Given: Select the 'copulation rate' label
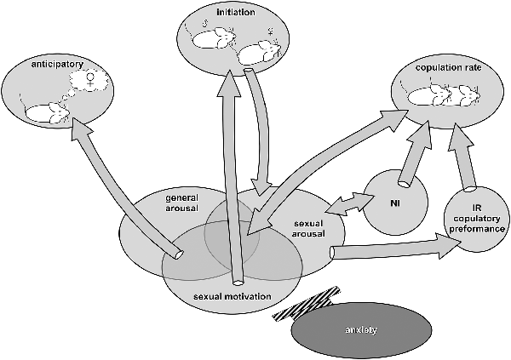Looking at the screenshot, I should pos(451,65).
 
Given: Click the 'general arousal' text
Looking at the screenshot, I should pos(181,203).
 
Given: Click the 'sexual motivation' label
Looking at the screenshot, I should pos(233,296).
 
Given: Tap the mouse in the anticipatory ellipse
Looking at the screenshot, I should pos(48,111).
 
